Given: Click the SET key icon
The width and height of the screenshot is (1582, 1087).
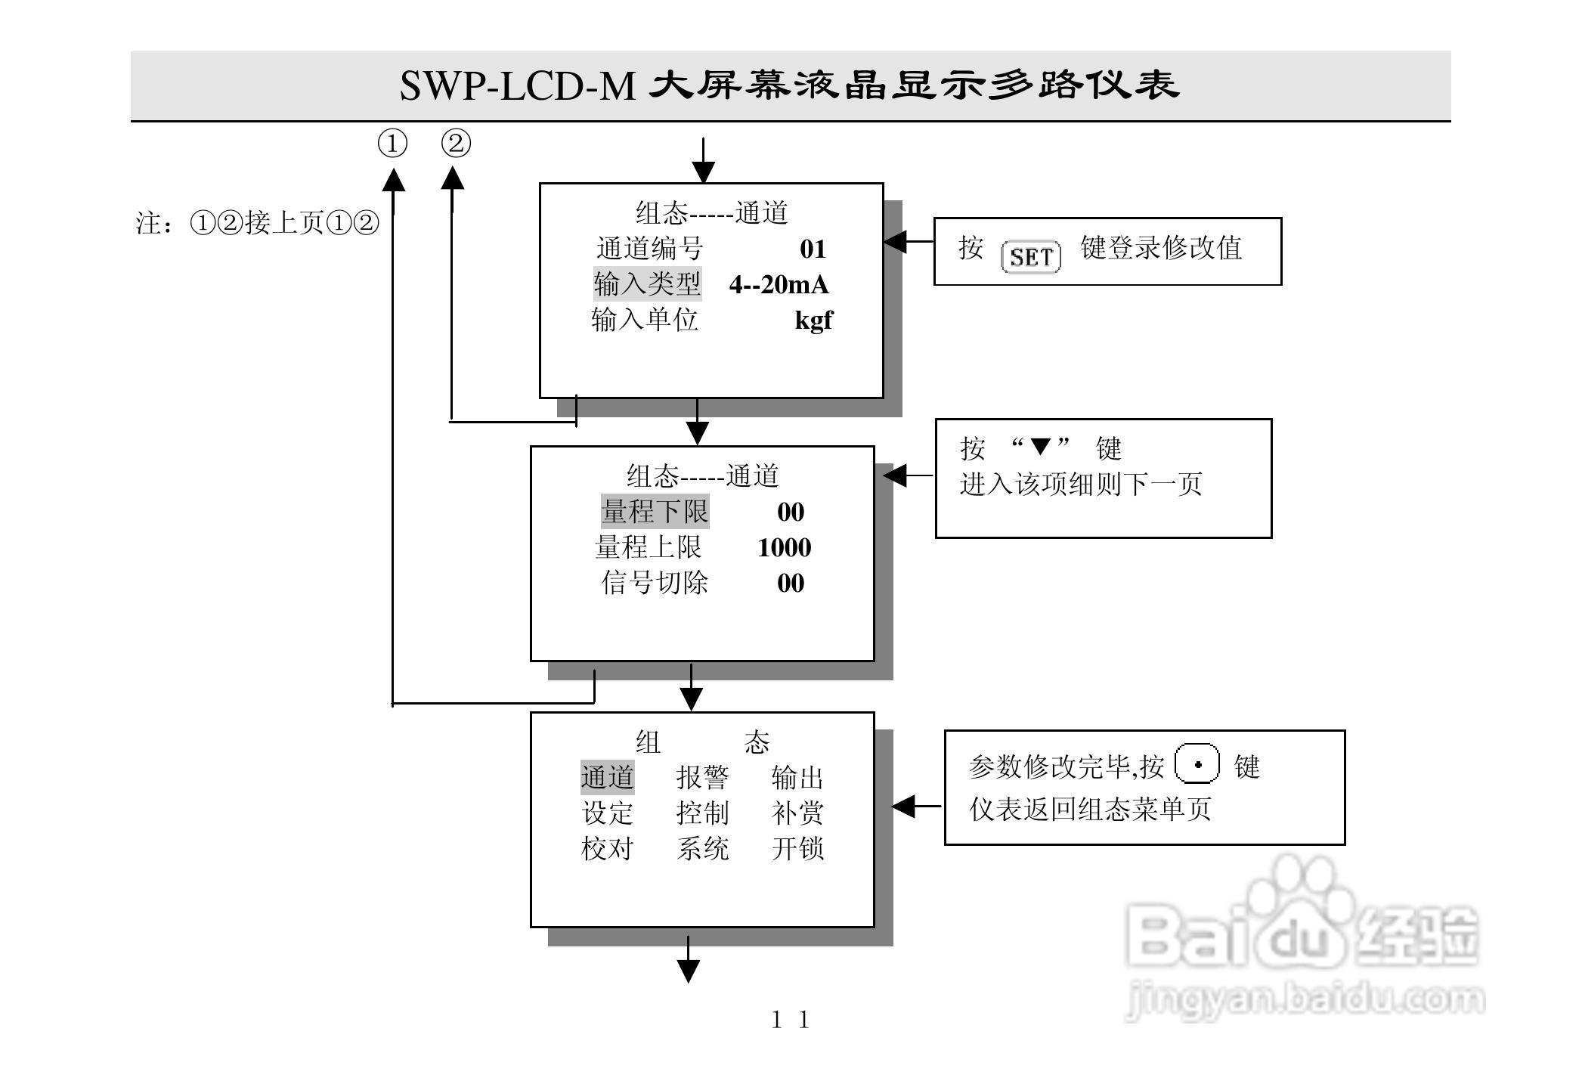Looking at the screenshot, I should [1030, 257].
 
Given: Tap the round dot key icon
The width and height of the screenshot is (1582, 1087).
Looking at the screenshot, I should [1197, 764].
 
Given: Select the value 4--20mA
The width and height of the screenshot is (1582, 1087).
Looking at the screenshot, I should [779, 285].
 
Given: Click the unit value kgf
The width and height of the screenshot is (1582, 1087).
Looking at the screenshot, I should [813, 321].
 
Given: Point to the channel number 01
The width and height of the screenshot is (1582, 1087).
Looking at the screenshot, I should [813, 249].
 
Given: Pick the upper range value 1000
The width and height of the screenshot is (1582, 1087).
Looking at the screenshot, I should [784, 548].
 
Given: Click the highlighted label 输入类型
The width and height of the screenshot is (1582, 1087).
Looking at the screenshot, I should [647, 284].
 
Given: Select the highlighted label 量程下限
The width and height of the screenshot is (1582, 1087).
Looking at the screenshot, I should [655, 512].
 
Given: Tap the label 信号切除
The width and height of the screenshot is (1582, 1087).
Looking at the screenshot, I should [655, 583].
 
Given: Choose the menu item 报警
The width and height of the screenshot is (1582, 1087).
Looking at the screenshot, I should [702, 777].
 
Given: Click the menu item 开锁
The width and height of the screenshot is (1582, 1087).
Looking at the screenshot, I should [797, 849].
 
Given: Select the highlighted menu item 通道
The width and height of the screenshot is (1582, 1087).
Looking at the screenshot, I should [607, 777].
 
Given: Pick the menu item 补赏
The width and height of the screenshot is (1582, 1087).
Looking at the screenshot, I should [797, 813].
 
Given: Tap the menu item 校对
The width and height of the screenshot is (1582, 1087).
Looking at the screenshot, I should [607, 849].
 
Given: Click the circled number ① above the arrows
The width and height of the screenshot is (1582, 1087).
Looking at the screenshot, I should [392, 143].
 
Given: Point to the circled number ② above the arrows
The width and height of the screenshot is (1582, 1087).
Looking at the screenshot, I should [456, 143].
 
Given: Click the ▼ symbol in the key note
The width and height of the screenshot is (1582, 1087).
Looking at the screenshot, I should [1041, 447].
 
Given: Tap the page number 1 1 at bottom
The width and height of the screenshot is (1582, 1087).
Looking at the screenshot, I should [790, 1020].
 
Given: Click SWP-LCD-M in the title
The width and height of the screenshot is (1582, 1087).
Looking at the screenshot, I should [517, 86].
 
